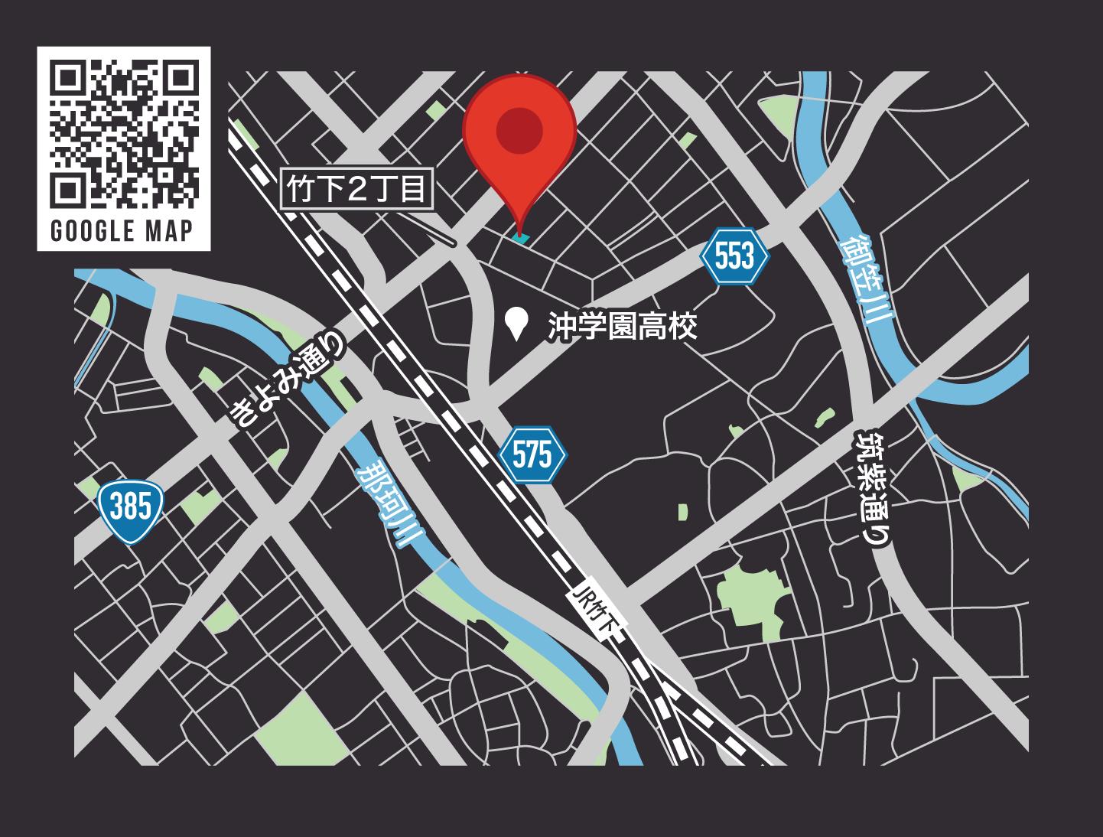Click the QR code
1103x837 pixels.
(124, 134)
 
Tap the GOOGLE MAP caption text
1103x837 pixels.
(122, 230)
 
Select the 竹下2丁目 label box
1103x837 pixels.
(357, 189)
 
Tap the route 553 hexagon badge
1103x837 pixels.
(734, 256)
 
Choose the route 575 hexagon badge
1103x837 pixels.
(532, 455)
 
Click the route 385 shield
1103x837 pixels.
(131, 509)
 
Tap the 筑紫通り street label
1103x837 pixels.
(874, 488)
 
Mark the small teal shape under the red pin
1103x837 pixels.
(520, 239)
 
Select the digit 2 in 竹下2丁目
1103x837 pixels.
(357, 189)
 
